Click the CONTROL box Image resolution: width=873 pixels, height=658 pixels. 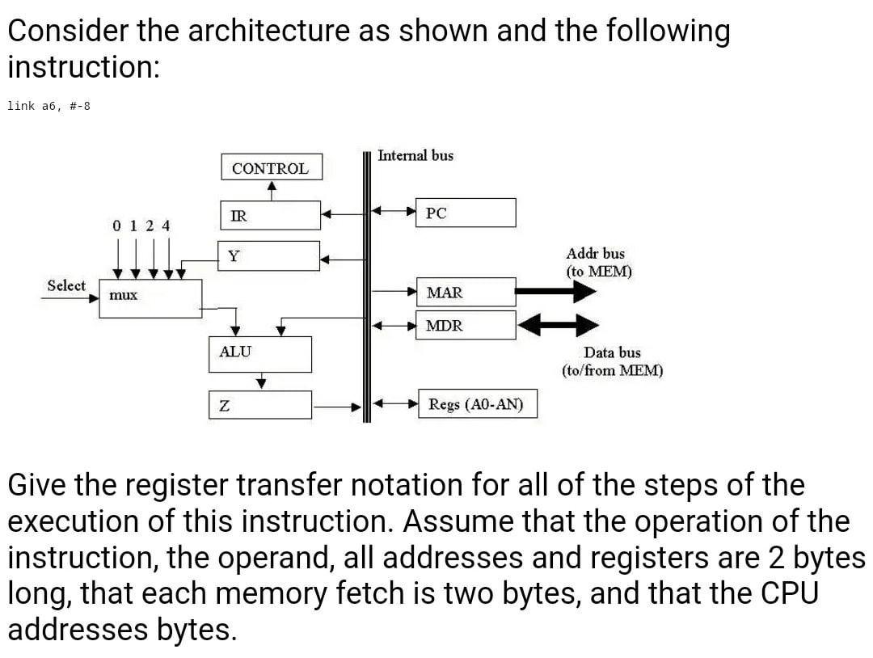coord(271,167)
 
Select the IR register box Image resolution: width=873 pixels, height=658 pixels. coord(271,215)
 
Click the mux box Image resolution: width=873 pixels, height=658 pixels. coord(150,297)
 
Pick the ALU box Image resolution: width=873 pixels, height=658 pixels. coord(260,354)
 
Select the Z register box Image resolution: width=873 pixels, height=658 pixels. coord(260,405)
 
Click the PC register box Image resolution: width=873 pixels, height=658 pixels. coord(466,213)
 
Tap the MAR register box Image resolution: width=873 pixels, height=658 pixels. coord(466,292)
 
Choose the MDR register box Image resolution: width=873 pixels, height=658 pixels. coord(466,325)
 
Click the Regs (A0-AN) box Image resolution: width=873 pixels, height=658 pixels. coord(476,404)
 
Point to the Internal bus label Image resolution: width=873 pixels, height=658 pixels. coord(415,155)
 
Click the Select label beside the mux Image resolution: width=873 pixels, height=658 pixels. coord(66,285)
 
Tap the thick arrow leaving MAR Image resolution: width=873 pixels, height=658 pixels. coord(556,291)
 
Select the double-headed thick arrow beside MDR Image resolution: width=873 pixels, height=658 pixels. coord(558,325)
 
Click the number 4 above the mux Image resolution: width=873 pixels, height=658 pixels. coord(166,226)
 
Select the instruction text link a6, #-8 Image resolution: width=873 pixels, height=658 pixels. coord(48,106)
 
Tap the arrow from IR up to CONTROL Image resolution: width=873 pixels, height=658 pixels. coord(272,190)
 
